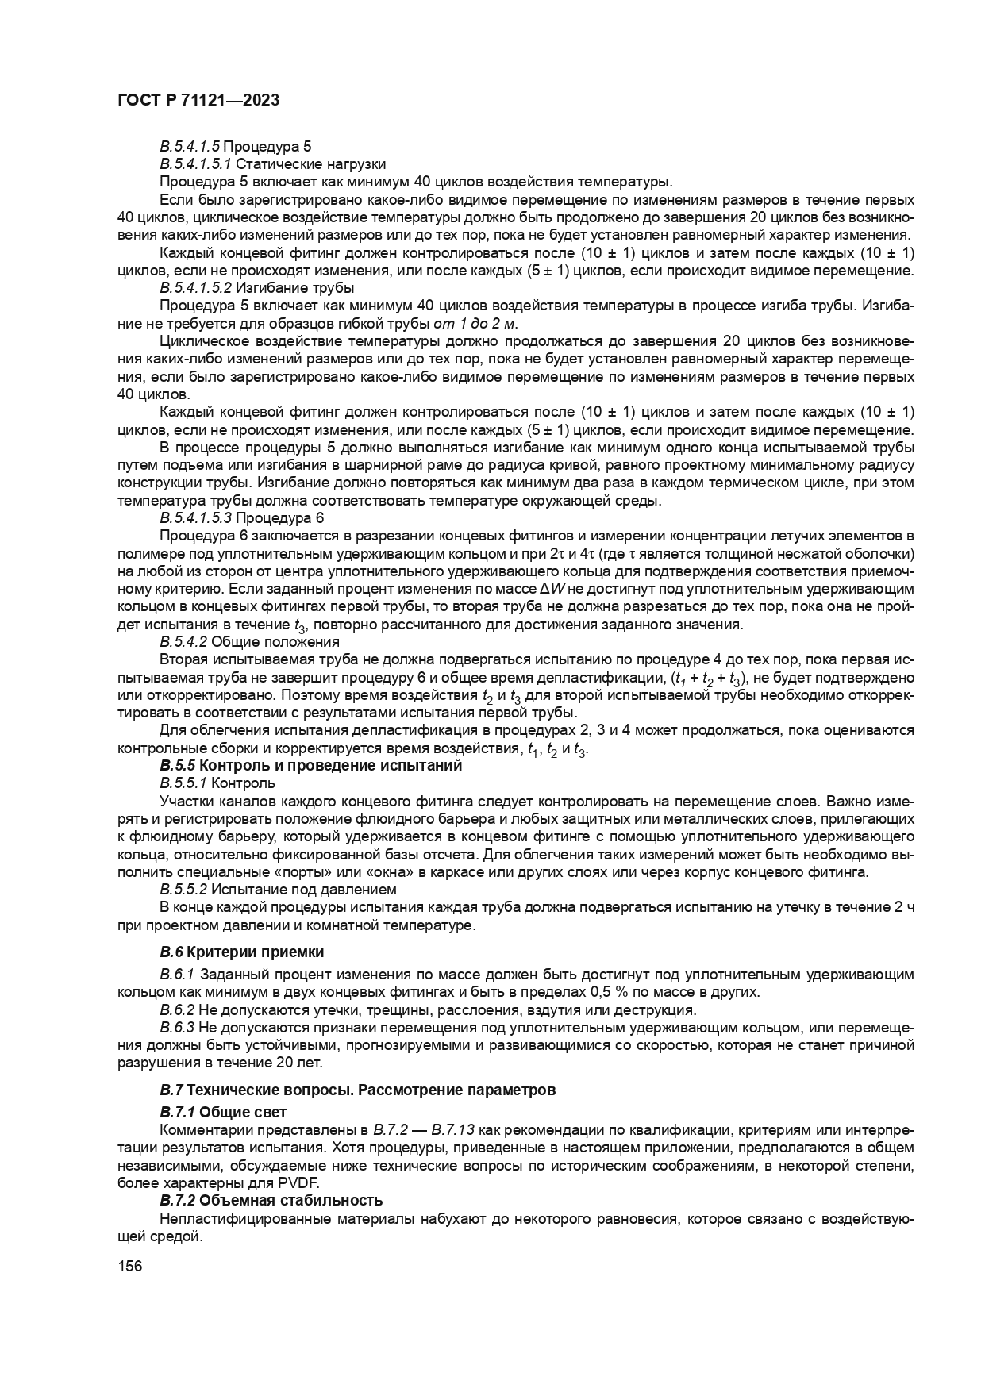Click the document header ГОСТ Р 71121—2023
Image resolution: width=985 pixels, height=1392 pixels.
(x=198, y=100)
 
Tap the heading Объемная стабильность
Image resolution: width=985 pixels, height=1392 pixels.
(x=290, y=1200)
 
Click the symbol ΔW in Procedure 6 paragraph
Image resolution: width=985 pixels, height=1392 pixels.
(x=550, y=590)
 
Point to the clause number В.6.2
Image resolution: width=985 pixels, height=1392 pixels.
(x=177, y=1010)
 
